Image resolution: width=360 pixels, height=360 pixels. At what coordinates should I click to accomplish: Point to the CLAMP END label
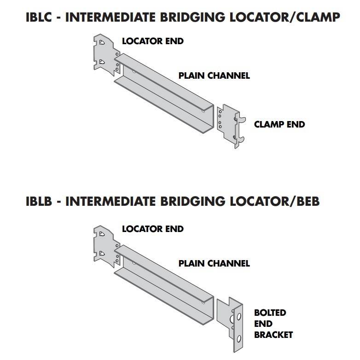click(279, 124)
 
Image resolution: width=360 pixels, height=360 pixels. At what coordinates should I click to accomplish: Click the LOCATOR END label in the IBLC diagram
click(152, 41)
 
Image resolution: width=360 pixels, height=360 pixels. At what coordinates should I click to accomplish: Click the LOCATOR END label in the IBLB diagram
click(152, 229)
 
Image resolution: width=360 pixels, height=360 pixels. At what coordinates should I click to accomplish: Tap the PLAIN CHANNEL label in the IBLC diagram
click(214, 75)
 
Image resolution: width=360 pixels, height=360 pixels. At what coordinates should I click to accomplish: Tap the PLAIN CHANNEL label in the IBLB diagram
click(214, 263)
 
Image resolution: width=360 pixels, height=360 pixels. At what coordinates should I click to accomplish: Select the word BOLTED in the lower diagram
click(270, 313)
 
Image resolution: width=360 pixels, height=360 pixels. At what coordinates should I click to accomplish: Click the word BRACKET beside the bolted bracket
click(273, 335)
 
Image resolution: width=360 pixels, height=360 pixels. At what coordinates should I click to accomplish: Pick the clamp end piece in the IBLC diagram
click(229, 126)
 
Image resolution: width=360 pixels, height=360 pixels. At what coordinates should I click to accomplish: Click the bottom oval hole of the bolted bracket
click(238, 339)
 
